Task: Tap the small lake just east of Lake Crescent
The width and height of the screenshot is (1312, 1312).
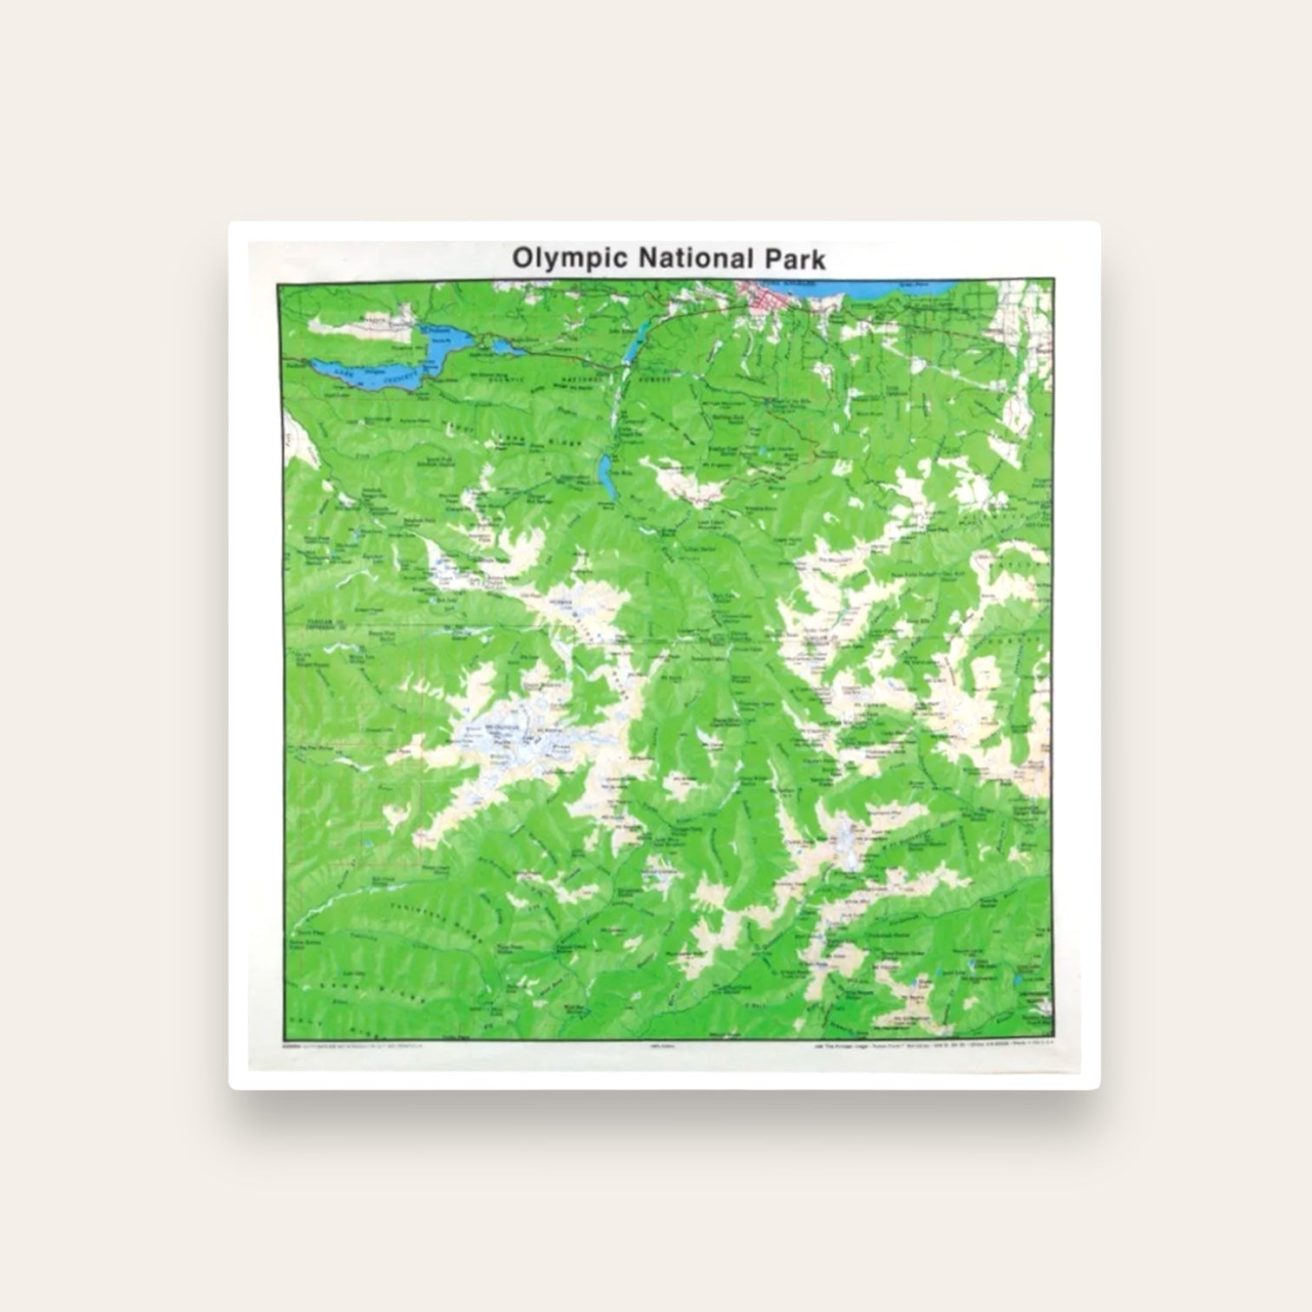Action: pyautogui.click(x=502, y=348)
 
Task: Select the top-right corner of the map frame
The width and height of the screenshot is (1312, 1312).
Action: pyautogui.click(x=1052, y=279)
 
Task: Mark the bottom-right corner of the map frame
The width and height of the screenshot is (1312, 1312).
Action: pyautogui.click(x=1052, y=1040)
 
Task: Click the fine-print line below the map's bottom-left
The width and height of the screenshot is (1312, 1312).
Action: pyautogui.click(x=356, y=1048)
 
